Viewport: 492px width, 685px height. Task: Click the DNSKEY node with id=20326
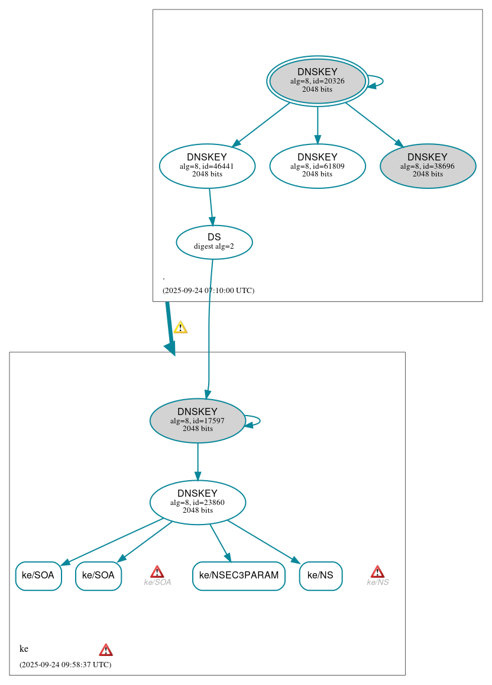coord(317,81)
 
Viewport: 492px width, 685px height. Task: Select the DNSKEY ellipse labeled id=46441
coord(207,166)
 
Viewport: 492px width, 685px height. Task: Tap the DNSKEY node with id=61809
coord(317,166)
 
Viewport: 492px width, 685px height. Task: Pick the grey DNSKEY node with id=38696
coord(428,166)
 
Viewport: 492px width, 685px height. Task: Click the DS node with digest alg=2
coord(214,242)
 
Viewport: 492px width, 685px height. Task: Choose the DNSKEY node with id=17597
coord(198,420)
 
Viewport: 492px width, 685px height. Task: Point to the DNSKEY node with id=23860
coord(198,502)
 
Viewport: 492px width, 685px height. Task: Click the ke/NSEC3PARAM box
coord(238,575)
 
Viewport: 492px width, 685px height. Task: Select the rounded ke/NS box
coord(321,575)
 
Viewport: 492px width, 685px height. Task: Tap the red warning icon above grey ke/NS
coord(377,571)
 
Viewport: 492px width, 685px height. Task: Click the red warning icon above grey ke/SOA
coord(157,571)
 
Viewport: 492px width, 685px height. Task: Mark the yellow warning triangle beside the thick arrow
coord(180,327)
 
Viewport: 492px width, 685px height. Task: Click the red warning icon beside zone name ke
coord(106,649)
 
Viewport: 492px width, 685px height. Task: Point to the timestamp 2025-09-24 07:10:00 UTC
coord(208,291)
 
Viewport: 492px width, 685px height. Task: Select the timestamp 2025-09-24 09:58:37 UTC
coord(65,664)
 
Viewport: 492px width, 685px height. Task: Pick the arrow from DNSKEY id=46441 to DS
coord(211,207)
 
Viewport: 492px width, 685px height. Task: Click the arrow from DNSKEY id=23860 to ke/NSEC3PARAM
coord(219,542)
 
